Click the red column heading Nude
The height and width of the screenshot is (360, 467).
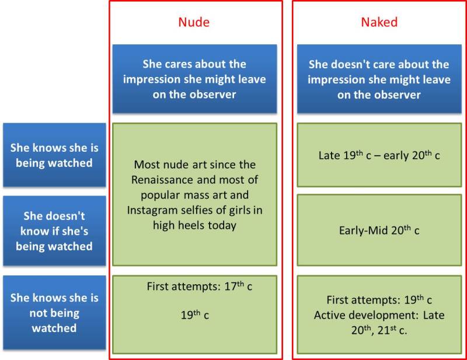pyautogui.click(x=194, y=23)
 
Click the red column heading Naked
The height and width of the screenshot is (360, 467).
pyautogui.click(x=379, y=23)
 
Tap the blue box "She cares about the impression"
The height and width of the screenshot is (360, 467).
pyautogui.click(x=194, y=79)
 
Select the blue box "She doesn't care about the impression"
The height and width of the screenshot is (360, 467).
pyautogui.click(x=379, y=79)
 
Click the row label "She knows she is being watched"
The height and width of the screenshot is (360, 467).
pyautogui.click(x=55, y=155)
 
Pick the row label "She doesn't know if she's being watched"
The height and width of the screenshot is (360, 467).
pyautogui.click(x=55, y=231)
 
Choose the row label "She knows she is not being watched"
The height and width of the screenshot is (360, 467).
pyautogui.click(x=55, y=313)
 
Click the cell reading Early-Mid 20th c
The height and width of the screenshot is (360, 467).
pyautogui.click(x=379, y=230)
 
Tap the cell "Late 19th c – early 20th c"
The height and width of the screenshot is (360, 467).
pyautogui.click(x=379, y=155)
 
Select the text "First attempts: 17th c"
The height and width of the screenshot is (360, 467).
pyautogui.click(x=200, y=286)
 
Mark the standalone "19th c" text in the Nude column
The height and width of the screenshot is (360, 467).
pyautogui.click(x=194, y=315)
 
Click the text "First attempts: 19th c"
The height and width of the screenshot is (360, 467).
pyautogui.click(x=379, y=300)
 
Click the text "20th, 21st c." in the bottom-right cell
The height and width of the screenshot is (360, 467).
pyautogui.click(x=379, y=330)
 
